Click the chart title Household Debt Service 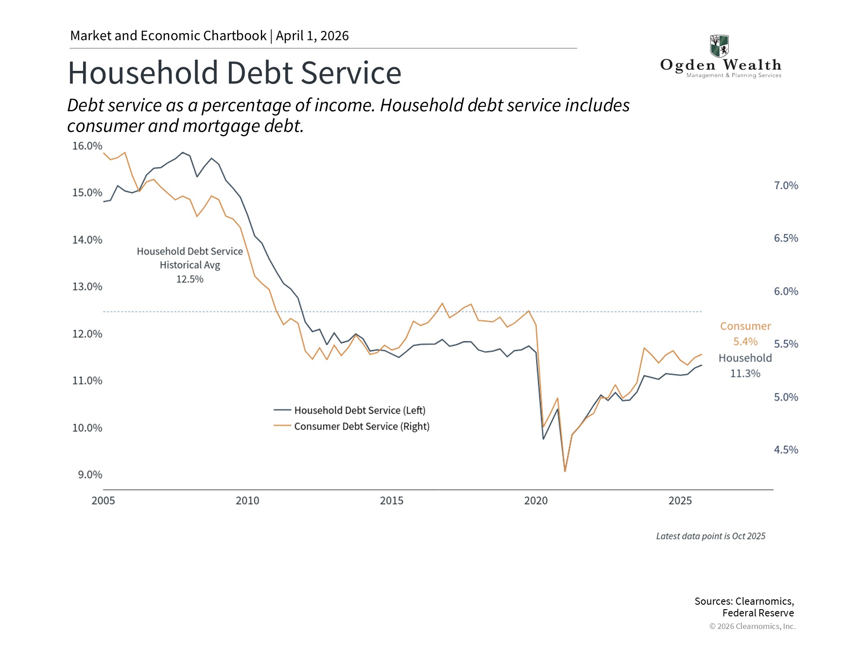tap(234, 73)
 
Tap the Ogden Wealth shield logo tap(719, 46)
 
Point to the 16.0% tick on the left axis tap(87, 146)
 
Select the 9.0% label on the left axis tap(90, 475)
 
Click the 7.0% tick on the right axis tap(786, 186)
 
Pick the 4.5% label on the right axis tap(786, 450)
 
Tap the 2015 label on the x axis tap(391, 501)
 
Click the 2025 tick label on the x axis tap(680, 501)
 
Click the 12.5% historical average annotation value tap(189, 279)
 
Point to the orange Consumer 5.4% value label tap(745, 342)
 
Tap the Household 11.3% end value tap(745, 374)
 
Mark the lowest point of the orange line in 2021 tap(565, 471)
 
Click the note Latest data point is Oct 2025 tap(710, 536)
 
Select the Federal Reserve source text tap(758, 613)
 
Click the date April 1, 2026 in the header tap(312, 36)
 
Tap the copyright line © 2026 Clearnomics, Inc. tap(752, 626)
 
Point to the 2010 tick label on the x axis tap(247, 501)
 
